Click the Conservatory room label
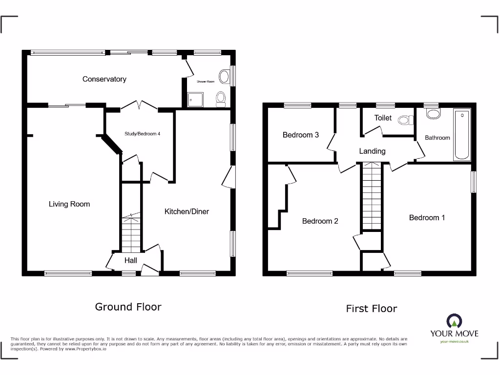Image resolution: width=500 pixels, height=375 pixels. pos(104,79)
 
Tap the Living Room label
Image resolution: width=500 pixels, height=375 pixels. pos(69,204)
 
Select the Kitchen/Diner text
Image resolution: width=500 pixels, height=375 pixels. pos(187,211)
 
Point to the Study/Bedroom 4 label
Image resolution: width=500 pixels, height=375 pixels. pos(142,134)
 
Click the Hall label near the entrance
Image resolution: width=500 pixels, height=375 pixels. pos(130,261)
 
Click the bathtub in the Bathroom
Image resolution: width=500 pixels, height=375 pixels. pos(461,135)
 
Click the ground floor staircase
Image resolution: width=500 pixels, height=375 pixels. pos(131,233)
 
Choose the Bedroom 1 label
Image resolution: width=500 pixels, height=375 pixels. pos(427,218)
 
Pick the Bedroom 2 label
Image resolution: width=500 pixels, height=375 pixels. pos(320,221)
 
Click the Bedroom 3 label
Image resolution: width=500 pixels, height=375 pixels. pos(301,135)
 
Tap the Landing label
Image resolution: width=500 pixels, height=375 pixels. pos(372,151)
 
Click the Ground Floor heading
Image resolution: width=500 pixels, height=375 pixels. pos(128,307)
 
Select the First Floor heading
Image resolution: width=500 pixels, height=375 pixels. pos(371,309)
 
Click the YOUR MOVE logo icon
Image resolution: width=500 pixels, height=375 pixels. pos(454,321)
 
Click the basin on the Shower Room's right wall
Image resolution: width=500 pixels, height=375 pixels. pos(225,76)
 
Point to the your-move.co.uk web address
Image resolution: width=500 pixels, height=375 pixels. pos(454,341)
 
